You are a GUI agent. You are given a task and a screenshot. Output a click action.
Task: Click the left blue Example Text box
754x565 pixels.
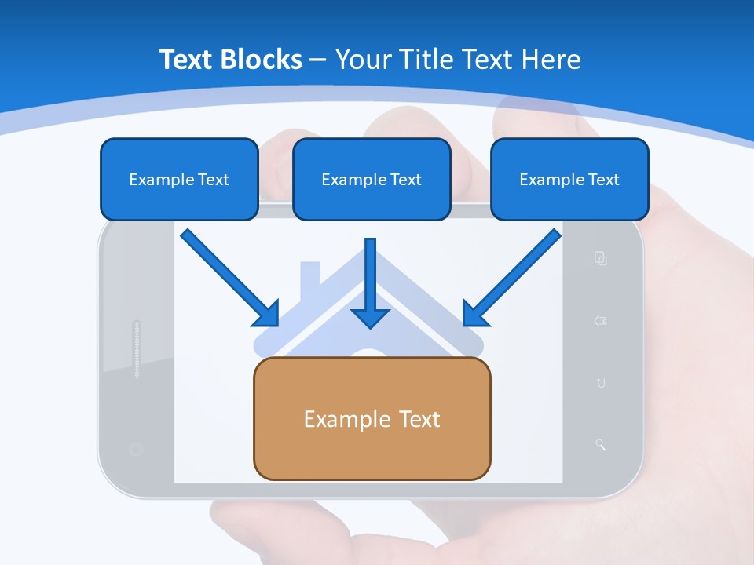(179, 179)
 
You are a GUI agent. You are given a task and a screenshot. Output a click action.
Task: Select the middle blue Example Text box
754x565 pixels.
(372, 179)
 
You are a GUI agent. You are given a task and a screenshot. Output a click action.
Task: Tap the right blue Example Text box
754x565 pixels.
(569, 179)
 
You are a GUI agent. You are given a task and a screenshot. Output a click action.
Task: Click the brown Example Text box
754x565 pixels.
(372, 418)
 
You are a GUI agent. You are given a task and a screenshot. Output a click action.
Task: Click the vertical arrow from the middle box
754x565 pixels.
(370, 282)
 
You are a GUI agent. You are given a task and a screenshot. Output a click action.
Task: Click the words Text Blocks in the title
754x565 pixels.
(231, 59)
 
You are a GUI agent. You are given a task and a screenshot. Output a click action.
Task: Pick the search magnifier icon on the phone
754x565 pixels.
(601, 445)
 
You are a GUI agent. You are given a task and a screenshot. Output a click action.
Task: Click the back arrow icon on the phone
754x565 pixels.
(601, 320)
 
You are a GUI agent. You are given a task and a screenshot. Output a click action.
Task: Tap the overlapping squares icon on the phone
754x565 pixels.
(601, 258)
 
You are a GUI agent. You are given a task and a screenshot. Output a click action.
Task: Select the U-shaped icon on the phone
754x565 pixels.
(601, 383)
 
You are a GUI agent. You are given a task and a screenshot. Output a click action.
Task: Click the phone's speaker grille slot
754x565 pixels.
(137, 349)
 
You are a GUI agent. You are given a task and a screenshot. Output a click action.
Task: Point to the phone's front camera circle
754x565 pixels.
(135, 449)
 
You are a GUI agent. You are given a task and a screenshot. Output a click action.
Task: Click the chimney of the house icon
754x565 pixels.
(310, 272)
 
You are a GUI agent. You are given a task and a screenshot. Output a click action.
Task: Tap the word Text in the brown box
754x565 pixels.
(419, 419)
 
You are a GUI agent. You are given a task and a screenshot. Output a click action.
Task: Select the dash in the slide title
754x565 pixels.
(318, 60)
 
